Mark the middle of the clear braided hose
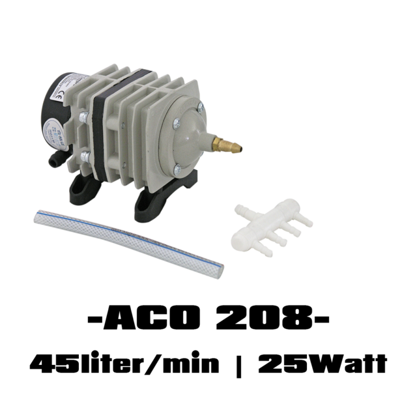pyautogui.click(x=128, y=240)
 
